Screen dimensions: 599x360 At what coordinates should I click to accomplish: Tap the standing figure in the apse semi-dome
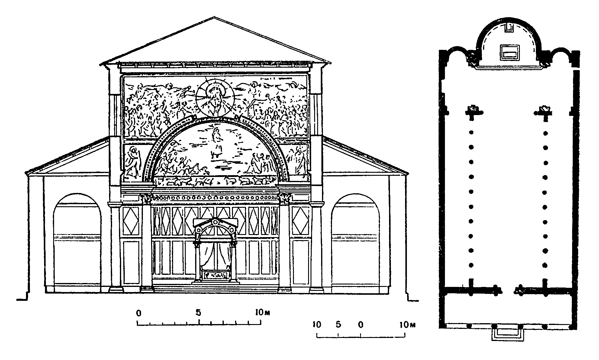[x=216, y=143]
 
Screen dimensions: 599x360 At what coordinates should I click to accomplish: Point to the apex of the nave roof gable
[x=214, y=17]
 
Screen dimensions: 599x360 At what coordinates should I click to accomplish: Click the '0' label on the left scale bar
[x=139, y=313]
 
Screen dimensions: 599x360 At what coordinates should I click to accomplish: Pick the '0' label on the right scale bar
[x=361, y=325]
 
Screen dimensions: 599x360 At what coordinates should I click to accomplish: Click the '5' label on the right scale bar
[x=338, y=325]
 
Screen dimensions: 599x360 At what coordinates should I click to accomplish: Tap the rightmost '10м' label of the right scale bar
[x=407, y=325]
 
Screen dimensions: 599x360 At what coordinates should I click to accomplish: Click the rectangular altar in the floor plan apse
[x=510, y=53]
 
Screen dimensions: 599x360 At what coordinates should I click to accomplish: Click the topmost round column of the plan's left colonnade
[x=471, y=132]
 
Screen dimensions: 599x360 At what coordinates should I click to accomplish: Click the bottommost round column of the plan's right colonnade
[x=545, y=265]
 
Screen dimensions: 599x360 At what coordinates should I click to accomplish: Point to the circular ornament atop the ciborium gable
[x=215, y=222]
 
